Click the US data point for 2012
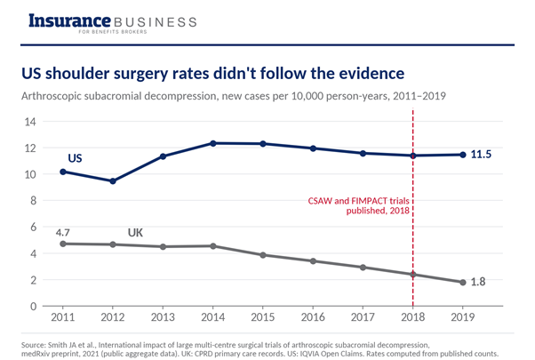113,181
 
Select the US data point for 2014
213,143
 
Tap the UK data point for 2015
263,255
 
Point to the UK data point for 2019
463,283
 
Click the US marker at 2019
463,155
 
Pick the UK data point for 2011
63,244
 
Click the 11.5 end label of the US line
481,155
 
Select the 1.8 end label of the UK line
478,282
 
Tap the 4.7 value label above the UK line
63,233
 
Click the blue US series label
75,158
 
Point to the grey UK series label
135,233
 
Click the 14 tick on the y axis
30,122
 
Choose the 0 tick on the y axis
33,307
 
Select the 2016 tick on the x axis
313,317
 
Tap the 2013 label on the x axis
163,317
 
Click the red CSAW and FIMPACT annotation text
359,205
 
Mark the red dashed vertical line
413,207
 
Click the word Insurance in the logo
70,20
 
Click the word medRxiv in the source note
34,354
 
